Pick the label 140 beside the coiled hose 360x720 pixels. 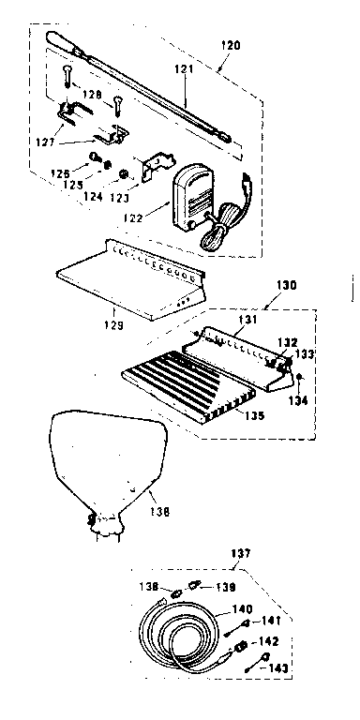243,608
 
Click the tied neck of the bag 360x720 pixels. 104,521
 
